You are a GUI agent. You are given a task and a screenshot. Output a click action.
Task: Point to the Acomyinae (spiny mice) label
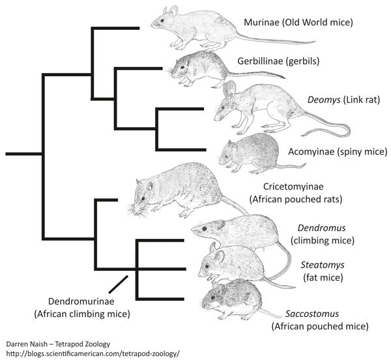328,152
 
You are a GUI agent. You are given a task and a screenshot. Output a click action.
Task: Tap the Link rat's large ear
230,92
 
